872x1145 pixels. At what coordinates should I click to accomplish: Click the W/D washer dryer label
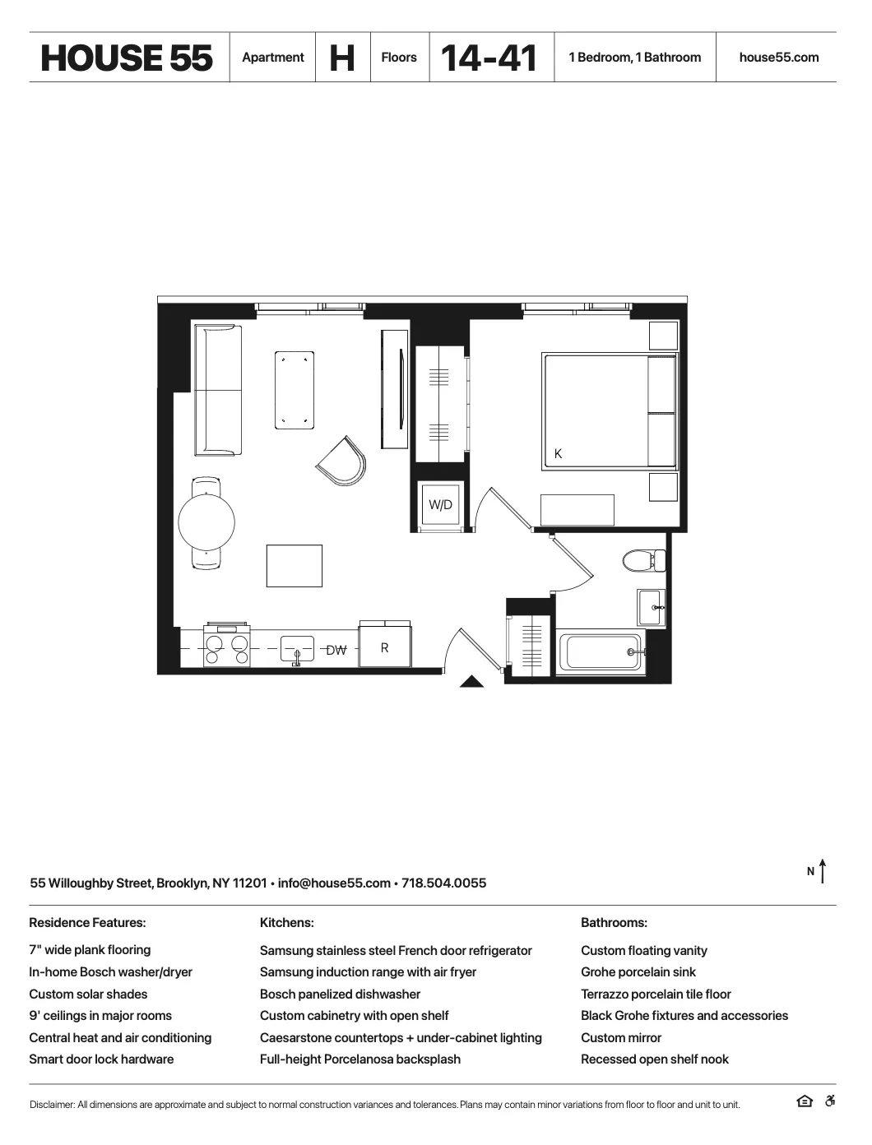440,505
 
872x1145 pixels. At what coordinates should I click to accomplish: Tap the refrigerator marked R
384,647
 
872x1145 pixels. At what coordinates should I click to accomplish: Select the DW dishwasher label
336,650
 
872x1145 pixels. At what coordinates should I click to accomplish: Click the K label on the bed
559,453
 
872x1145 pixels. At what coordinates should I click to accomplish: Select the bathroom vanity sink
651,608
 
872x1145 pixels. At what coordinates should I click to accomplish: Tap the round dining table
206,522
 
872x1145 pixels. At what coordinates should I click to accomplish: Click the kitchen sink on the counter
297,649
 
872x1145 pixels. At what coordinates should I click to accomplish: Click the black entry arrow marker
471,681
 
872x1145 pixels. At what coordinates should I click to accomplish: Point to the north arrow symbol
822,871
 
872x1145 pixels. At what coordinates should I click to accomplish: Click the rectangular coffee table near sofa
295,390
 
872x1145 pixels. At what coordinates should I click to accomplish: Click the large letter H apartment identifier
342,58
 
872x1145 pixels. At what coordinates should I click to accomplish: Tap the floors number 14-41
489,58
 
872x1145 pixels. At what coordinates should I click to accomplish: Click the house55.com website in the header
779,58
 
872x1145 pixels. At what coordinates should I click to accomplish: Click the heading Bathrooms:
614,923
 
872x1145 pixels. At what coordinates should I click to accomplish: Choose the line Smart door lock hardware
101,1059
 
